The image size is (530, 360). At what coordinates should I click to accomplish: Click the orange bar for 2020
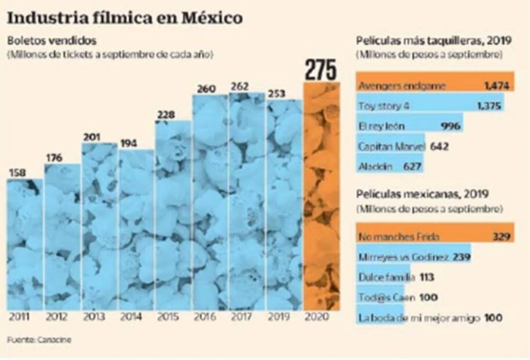321,197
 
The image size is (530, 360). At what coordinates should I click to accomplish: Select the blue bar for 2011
24,244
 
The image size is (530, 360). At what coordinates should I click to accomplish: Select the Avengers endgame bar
434,86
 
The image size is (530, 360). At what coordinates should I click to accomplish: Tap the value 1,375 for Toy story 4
488,105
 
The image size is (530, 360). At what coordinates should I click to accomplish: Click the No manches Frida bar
434,236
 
